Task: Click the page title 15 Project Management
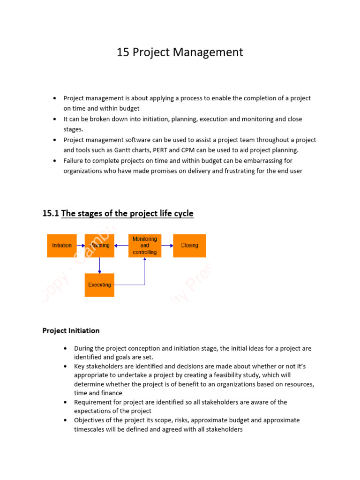click(180, 52)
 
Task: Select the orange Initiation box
click(62, 246)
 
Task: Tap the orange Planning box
click(99, 246)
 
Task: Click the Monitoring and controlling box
click(145, 246)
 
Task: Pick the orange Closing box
click(189, 246)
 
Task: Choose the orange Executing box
click(99, 285)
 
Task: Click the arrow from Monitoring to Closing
click(167, 246)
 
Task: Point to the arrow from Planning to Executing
click(99, 265)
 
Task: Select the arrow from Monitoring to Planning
click(121, 246)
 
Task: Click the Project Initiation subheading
click(71, 330)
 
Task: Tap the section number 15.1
click(50, 214)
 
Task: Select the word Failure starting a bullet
click(74, 161)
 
